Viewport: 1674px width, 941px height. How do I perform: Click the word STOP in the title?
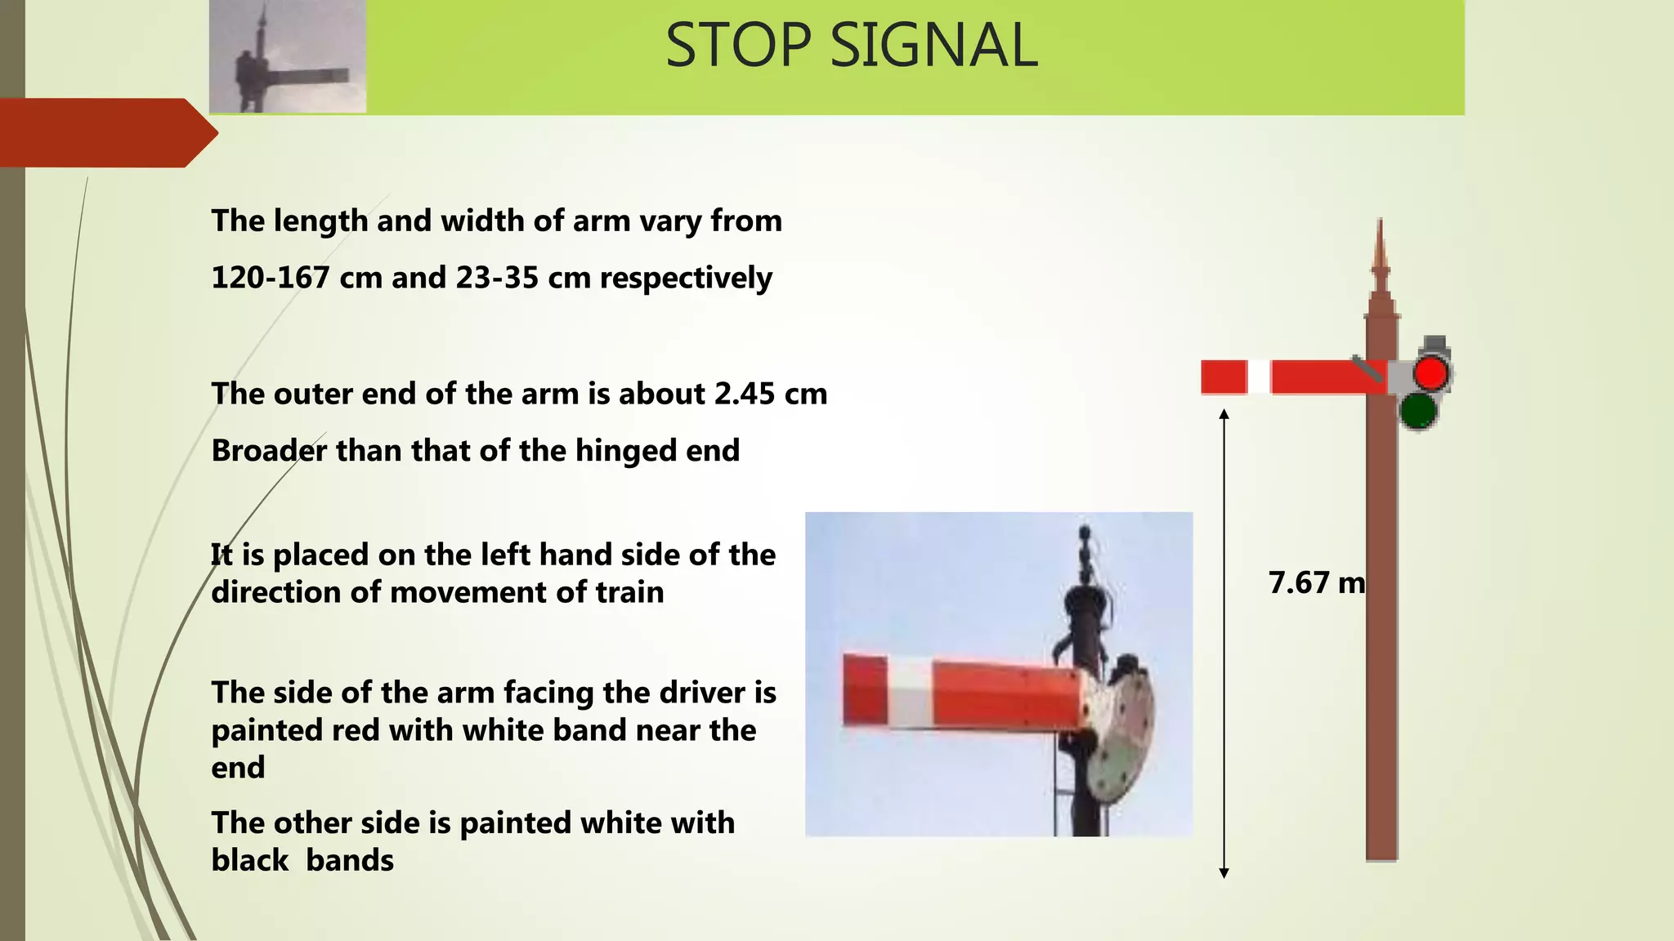pyautogui.click(x=738, y=45)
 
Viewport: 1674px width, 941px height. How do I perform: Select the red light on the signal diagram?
pyautogui.click(x=1430, y=373)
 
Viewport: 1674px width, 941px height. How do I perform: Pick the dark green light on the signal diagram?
pyautogui.click(x=1418, y=410)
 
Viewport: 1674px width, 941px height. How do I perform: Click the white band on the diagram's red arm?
pyautogui.click(x=1259, y=377)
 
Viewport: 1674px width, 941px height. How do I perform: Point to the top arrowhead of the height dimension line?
pyautogui.click(x=1224, y=414)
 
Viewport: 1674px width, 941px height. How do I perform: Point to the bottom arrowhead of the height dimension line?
pyautogui.click(x=1224, y=873)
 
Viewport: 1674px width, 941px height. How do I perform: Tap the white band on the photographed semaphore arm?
pyautogui.click(x=910, y=693)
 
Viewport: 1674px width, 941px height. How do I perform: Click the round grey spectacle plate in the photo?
pyautogui.click(x=1124, y=727)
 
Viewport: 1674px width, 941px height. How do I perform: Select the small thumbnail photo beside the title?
pyautogui.click(x=288, y=56)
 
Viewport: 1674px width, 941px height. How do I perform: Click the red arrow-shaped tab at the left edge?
pyautogui.click(x=106, y=132)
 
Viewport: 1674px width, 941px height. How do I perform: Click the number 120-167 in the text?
pyautogui.click(x=271, y=278)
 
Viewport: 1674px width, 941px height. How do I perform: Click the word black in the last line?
pyautogui.click(x=249, y=860)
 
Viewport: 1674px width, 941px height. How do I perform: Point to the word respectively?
pyautogui.click(x=686, y=279)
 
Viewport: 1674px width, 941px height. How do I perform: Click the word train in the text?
pyautogui.click(x=629, y=592)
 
